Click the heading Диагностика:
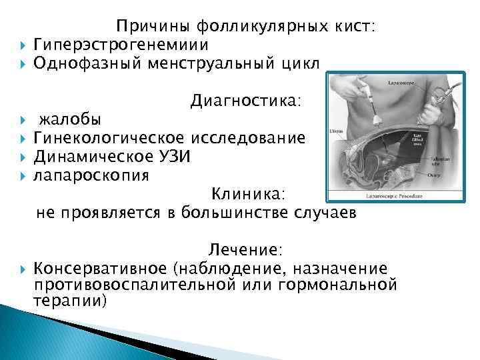coord(245,101)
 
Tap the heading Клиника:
coord(248,194)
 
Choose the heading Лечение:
coord(245,249)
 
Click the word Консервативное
coord(100,268)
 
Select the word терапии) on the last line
coord(69,301)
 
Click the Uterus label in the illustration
coord(337,132)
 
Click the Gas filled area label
coord(418,137)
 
